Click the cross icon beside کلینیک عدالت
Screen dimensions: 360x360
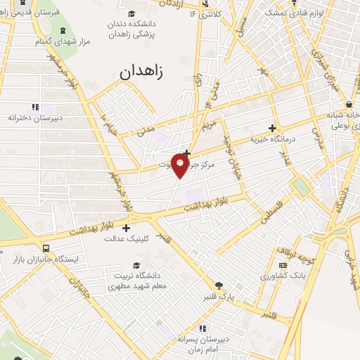(127, 228)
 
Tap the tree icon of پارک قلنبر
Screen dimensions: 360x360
(219, 286)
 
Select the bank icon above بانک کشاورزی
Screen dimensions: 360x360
(283, 265)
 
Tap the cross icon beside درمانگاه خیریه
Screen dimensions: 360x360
(272, 128)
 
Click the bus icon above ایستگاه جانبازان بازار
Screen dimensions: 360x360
(46, 248)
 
